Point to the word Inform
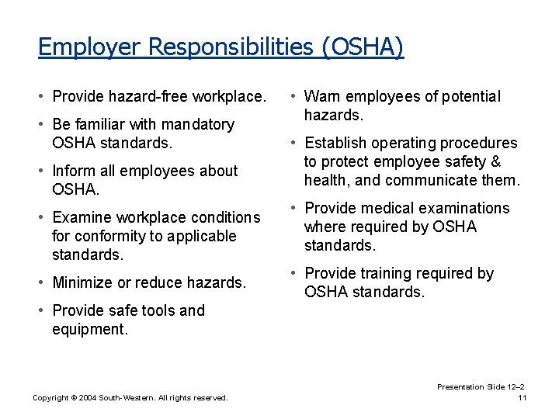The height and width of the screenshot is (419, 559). [72, 171]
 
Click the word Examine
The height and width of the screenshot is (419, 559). [81, 217]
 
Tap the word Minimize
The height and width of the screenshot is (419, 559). [82, 282]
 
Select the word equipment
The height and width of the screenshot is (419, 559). [89, 329]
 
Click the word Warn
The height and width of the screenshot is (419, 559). [322, 96]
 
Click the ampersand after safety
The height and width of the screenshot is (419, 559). [495, 161]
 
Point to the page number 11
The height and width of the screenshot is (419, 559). [522, 398]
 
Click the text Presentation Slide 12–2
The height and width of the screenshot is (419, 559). [481, 386]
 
